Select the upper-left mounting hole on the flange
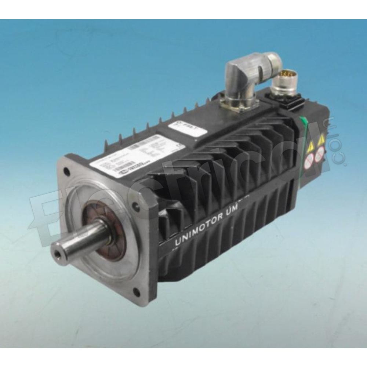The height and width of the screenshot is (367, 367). (x=66, y=171)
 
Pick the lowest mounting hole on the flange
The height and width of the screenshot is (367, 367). (x=136, y=292)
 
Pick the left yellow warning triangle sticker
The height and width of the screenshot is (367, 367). (x=310, y=145)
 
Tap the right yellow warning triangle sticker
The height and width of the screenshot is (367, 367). (x=321, y=140)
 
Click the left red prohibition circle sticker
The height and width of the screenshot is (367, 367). (x=310, y=159)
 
